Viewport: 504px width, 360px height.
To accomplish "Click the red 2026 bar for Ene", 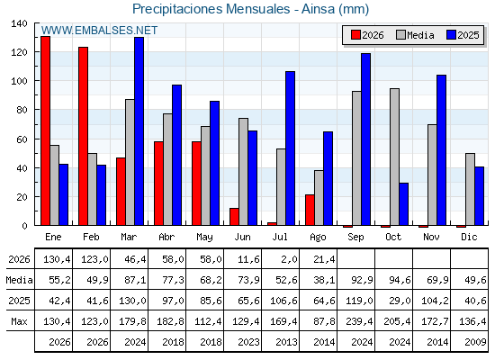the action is (x=45, y=130).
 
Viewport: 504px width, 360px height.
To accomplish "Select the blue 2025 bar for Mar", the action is (x=139, y=131).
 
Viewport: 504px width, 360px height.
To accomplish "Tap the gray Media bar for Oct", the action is (x=394, y=157).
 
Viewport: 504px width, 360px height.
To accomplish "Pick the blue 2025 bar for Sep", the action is (x=365, y=139).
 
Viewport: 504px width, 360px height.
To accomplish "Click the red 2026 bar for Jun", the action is (x=234, y=217).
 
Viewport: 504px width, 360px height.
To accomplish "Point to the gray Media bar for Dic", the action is (x=470, y=189).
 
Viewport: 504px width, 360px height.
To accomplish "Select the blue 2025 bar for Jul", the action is (x=290, y=148).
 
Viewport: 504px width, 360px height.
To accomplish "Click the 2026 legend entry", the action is (x=367, y=35).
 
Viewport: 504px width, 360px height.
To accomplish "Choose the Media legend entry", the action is (x=415, y=35).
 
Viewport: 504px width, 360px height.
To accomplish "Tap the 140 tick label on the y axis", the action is (x=19, y=23).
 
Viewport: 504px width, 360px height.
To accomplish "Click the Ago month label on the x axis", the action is (x=318, y=238).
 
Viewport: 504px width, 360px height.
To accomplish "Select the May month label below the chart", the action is (x=204, y=238).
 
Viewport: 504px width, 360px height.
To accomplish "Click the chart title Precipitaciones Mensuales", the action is (x=211, y=9).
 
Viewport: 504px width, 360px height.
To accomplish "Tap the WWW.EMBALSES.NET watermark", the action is (x=99, y=31).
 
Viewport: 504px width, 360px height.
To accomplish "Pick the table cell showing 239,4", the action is (x=359, y=321).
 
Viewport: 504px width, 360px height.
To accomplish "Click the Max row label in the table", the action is (x=19, y=321).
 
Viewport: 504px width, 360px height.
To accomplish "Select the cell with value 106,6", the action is (x=283, y=301).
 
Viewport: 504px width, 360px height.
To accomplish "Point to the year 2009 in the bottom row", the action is (x=475, y=342).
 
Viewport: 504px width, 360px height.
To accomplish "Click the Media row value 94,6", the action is (x=400, y=280).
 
